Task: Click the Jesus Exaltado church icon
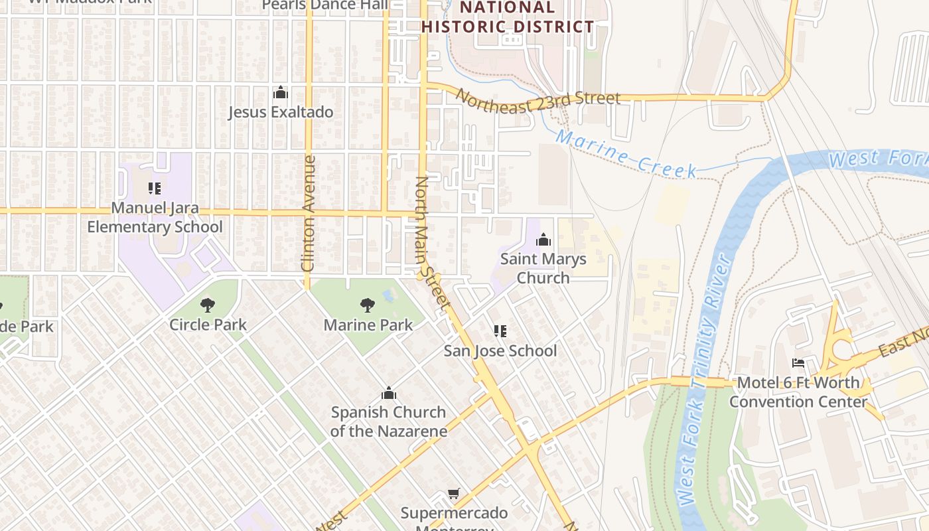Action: tap(281, 92)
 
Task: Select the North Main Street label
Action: tap(432, 243)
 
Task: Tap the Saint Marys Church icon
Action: tap(543, 240)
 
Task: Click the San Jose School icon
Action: tap(500, 331)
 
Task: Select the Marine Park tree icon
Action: tap(368, 305)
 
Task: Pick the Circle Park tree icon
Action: tap(208, 305)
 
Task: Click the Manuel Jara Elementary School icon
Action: tap(155, 189)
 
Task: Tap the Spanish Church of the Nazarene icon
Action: tap(389, 394)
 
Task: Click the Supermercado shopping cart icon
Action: tap(454, 493)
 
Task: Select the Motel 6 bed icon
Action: tap(798, 363)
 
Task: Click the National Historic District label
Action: tap(508, 17)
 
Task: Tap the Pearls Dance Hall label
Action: tap(325, 5)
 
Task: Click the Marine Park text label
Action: tap(368, 325)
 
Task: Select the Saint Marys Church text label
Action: tap(543, 268)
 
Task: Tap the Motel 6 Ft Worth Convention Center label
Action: tap(798, 392)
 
